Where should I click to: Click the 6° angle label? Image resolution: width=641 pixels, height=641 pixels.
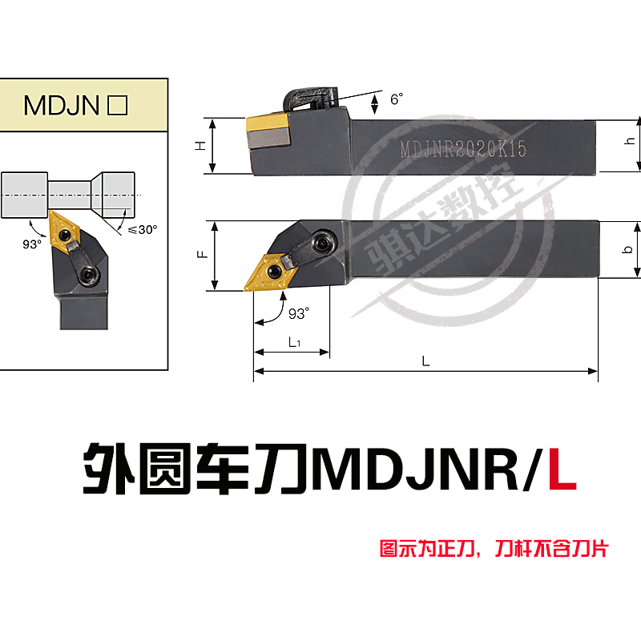396,100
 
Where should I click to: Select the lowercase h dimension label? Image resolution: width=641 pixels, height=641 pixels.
630,139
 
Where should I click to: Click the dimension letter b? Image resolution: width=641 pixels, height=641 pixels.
629,249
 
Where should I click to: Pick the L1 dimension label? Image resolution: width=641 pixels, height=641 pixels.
294,342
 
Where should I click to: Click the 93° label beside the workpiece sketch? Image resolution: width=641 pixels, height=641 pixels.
31,244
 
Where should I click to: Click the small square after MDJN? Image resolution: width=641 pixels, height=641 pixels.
118,106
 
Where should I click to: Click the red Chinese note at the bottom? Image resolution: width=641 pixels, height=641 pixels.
494,550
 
